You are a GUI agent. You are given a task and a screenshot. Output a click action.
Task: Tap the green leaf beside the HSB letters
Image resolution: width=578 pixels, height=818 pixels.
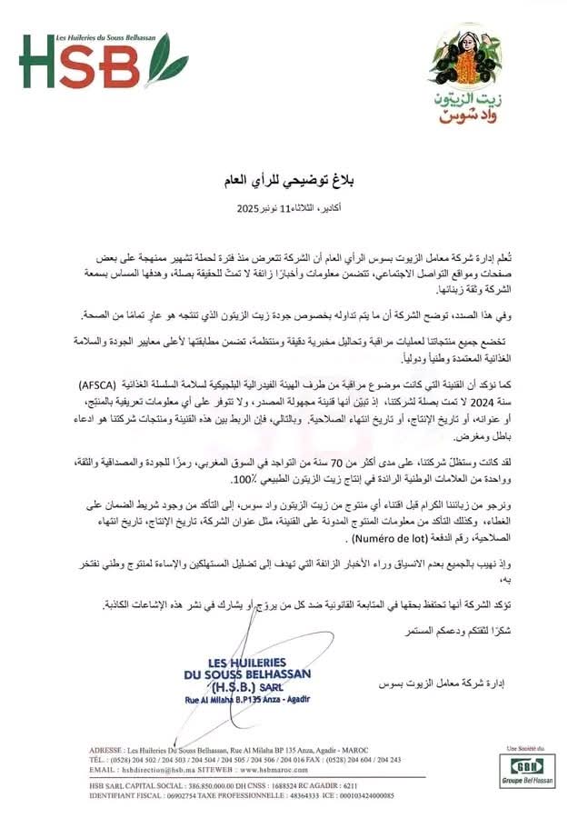point(164,62)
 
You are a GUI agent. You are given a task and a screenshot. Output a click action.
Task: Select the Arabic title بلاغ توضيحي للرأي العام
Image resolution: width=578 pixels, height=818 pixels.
point(289,184)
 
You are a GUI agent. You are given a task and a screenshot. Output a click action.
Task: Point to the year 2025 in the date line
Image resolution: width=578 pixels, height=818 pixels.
point(249,208)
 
